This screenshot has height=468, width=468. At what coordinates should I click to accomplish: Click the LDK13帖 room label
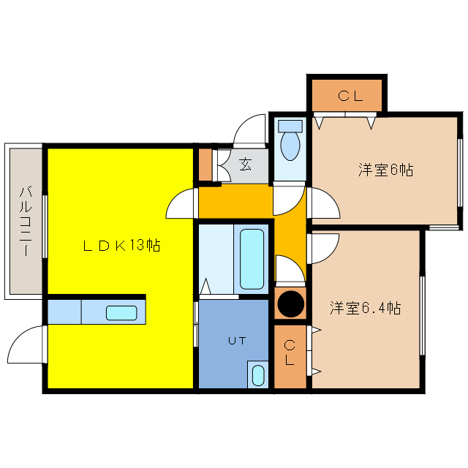121,246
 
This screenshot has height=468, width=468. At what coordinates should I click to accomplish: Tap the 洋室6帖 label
385,170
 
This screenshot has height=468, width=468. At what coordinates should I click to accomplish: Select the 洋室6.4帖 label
365,308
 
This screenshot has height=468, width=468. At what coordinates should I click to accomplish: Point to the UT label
237,341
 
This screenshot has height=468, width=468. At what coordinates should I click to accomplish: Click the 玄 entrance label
246,164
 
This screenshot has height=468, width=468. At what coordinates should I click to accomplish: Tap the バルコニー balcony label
26,221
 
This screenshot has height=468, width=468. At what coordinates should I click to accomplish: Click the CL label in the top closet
350,96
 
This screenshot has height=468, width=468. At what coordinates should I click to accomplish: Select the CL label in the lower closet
290,352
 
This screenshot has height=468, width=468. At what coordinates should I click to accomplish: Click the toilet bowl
290,146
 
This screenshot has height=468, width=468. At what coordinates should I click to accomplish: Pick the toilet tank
290,127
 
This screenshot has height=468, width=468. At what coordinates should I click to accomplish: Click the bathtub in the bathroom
252,259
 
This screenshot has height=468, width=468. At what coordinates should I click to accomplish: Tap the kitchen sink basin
121,313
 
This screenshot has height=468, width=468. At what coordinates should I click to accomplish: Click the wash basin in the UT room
258,376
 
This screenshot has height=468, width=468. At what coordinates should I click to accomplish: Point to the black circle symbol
291,304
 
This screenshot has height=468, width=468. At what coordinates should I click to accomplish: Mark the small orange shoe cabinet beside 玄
205,165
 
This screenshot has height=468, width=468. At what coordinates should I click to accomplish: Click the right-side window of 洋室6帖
460,173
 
